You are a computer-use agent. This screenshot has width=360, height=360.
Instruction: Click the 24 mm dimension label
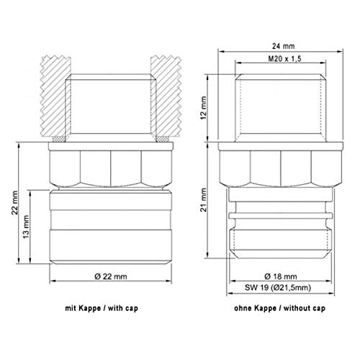283,46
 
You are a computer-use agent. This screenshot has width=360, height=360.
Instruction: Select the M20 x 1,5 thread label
284,58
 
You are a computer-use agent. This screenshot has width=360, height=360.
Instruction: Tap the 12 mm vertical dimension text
204,108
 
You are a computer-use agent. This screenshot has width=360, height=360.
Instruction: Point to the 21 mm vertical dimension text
204,199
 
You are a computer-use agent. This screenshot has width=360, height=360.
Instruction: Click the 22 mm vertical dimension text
15,203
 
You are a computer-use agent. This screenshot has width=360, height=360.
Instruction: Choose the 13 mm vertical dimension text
26,227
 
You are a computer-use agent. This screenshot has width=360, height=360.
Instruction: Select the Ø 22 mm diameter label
111,276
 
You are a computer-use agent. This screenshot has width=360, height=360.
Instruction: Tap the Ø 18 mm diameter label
281,276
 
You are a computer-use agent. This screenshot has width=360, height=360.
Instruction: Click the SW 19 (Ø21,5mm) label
278,287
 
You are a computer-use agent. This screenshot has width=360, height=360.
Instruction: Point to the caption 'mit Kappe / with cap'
102,308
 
